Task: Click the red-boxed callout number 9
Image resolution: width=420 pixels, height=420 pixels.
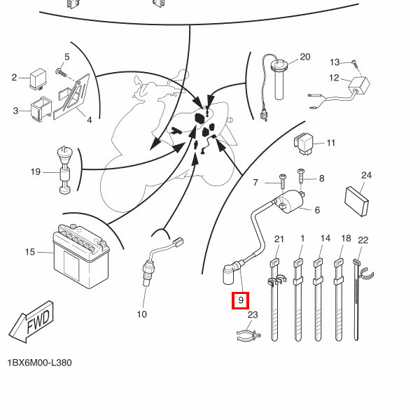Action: pos(240,301)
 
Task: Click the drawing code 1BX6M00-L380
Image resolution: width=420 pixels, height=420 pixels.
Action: pos(39,363)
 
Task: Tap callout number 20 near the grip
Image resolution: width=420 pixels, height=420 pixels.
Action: pos(304,57)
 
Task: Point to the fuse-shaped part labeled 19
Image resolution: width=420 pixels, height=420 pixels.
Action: pos(64,171)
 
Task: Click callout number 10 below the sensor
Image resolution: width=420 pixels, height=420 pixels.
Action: pos(141,314)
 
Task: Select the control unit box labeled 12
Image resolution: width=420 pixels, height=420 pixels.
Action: pos(360,85)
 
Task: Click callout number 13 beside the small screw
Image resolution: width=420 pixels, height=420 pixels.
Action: pos(335,62)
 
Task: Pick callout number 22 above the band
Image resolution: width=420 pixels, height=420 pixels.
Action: pos(363,240)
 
